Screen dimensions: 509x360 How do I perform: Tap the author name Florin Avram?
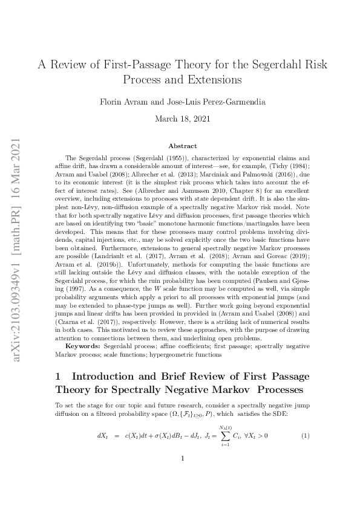point(122,102)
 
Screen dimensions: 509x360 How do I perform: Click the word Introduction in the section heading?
point(108,376)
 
